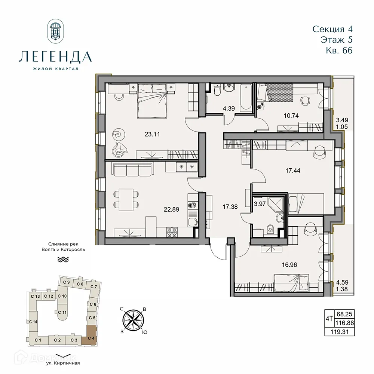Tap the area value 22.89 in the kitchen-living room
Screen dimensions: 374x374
coord(172,209)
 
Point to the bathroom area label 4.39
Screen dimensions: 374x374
coord(229,109)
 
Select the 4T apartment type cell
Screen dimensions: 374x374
coord(329,319)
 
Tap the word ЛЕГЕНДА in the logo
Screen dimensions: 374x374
coord(55,56)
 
